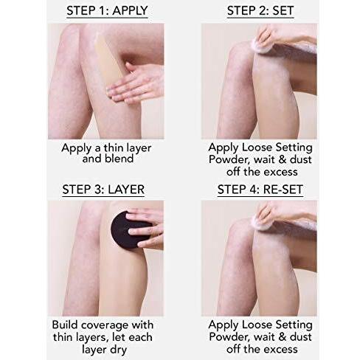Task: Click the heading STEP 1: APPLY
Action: pos(107,10)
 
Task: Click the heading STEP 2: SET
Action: pos(260,10)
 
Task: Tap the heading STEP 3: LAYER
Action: pos(103,190)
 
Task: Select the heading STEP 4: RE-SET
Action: pos(260,190)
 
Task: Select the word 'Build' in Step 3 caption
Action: pos(65,325)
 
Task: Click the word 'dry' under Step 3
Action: pos(119,350)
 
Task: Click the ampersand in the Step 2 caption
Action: pos(283,159)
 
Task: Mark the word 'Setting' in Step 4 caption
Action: pos(294,325)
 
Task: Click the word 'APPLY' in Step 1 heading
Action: pos(131,10)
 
